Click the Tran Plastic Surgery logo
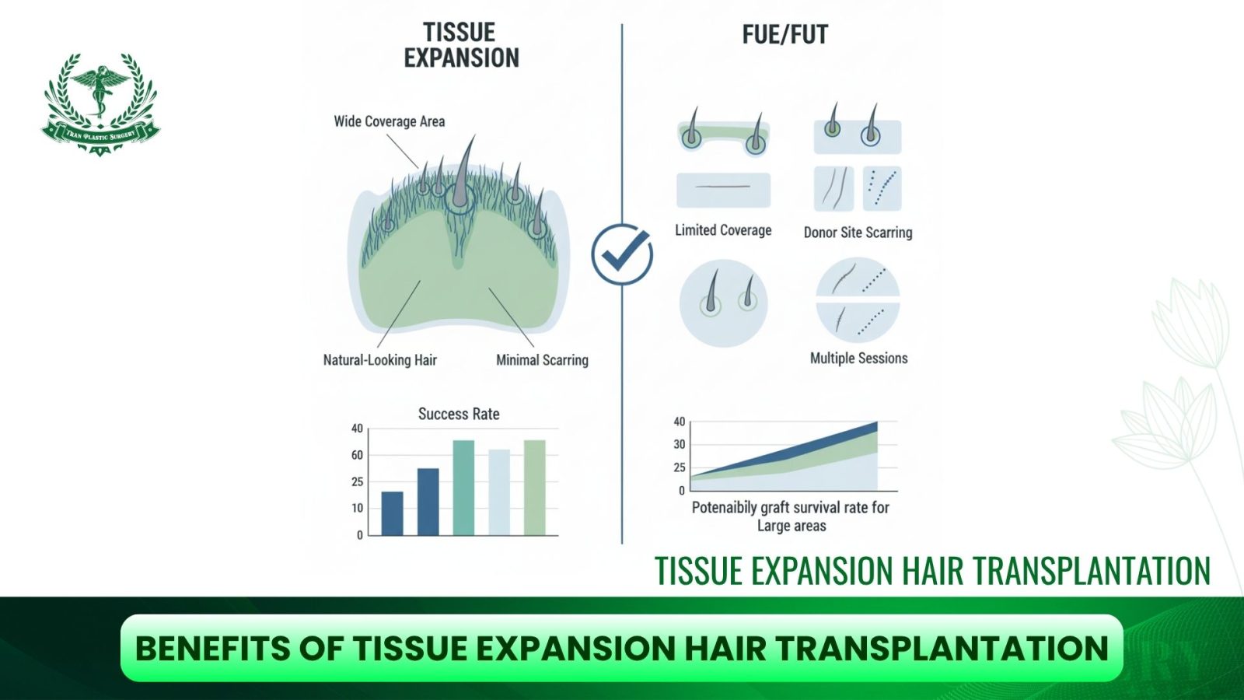(100, 104)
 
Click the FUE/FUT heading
(784, 34)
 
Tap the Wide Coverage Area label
(390, 121)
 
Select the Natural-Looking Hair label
(380, 360)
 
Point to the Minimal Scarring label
(542, 360)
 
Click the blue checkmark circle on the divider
(622, 254)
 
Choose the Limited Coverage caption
(723, 230)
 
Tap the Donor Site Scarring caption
(858, 233)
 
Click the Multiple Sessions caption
(858, 359)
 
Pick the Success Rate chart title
(459, 414)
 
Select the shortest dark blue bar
(392, 513)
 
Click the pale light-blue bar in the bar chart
(498, 492)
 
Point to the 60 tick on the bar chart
(357, 455)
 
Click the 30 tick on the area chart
(680, 444)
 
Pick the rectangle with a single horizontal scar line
(723, 190)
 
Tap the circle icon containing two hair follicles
(724, 303)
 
